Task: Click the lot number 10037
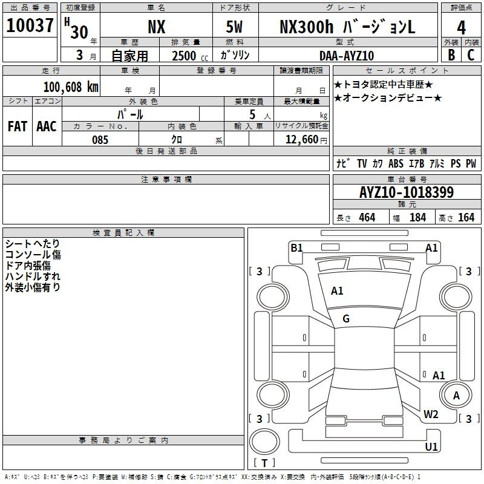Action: [30, 25]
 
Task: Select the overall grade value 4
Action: [461, 28]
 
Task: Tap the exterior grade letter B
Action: [451, 55]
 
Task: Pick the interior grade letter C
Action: [471, 55]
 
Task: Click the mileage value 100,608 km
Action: [71, 87]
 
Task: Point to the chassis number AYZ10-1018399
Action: [407, 192]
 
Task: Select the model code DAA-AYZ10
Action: [347, 56]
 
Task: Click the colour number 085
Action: [100, 140]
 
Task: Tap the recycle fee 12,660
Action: [301, 140]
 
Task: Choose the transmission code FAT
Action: [18, 126]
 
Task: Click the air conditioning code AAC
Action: [47, 126]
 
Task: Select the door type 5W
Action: [234, 27]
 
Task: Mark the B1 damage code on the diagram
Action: [296, 247]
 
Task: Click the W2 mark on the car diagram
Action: [431, 414]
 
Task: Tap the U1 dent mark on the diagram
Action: [431, 446]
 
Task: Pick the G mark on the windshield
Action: [346, 319]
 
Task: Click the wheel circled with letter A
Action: [456, 396]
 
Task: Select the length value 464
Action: [367, 217]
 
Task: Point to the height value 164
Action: [466, 217]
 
